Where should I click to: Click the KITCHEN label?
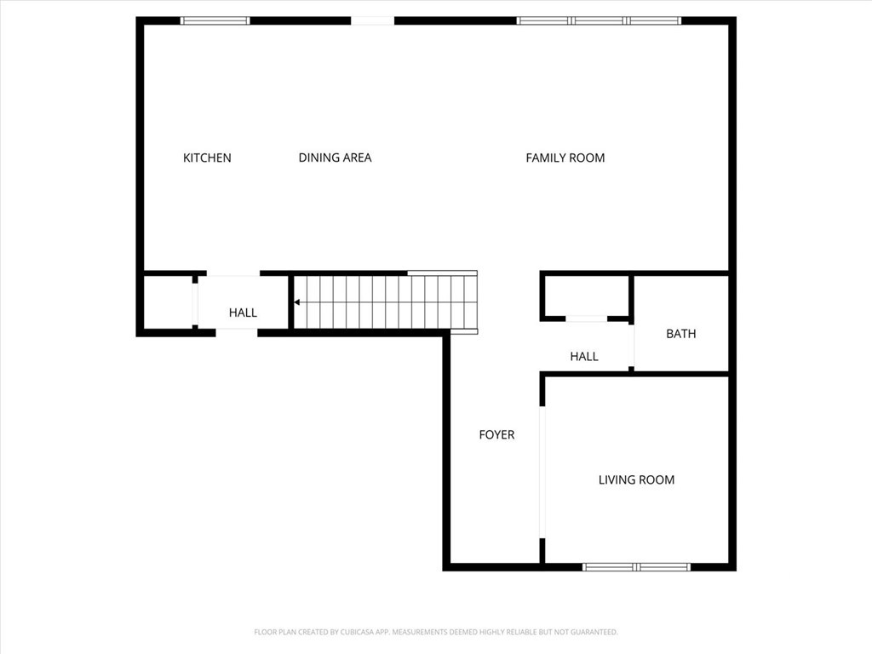(x=207, y=158)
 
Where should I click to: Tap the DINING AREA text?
(x=335, y=158)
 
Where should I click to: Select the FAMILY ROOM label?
(x=565, y=158)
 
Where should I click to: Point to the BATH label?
(x=680, y=334)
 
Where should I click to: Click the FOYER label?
(x=496, y=435)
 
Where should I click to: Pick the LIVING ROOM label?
(x=636, y=480)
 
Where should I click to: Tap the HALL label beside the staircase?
(x=243, y=313)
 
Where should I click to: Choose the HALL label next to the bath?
(x=584, y=357)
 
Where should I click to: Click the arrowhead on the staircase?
(x=297, y=302)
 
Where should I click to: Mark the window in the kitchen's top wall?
(x=215, y=21)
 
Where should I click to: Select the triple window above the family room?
(x=599, y=21)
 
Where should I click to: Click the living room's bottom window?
(x=636, y=567)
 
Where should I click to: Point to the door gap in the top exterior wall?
(x=373, y=21)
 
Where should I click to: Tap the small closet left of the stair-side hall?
(x=168, y=303)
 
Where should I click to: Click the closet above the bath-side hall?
(x=587, y=295)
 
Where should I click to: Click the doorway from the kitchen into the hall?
(x=233, y=273)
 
